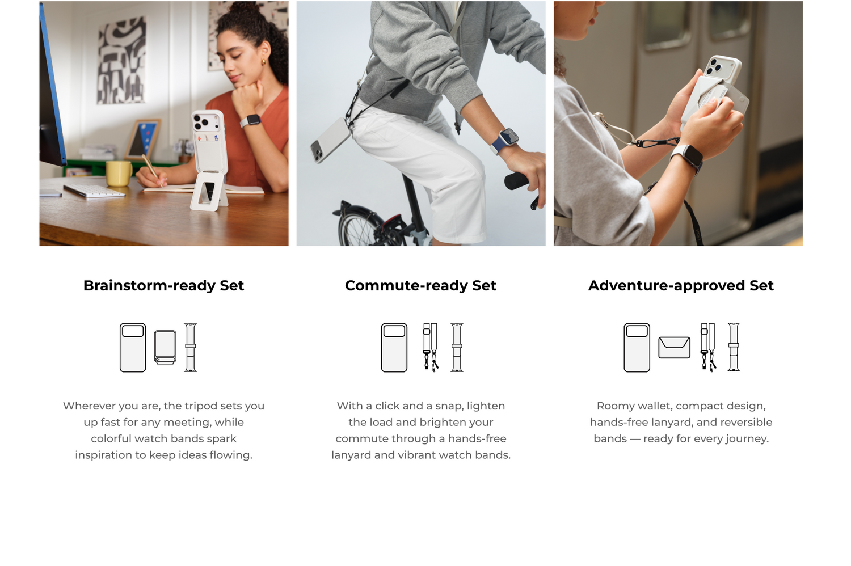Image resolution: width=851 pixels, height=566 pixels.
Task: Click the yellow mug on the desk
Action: (119, 173)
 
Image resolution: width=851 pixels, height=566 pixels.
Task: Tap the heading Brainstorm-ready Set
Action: (164, 286)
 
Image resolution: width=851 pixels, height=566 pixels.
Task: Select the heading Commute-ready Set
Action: (420, 286)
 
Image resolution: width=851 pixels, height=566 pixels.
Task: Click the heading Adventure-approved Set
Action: (681, 286)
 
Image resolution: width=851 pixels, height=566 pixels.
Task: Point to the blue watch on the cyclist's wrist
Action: (505, 141)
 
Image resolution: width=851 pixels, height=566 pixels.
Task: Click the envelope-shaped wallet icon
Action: (675, 347)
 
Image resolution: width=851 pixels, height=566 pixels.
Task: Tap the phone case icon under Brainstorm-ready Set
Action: (133, 348)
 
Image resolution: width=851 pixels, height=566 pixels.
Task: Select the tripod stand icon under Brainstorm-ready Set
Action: (165, 347)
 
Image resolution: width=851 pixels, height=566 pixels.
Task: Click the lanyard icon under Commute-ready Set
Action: (431, 347)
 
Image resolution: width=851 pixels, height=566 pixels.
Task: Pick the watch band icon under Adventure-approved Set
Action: (734, 347)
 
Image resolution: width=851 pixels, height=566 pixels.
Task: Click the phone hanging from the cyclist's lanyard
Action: (330, 141)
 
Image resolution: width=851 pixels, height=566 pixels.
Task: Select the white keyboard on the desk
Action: (94, 191)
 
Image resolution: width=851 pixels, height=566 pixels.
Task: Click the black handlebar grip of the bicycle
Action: (517, 181)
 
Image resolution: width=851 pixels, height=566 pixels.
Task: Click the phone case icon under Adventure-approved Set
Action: (637, 348)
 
